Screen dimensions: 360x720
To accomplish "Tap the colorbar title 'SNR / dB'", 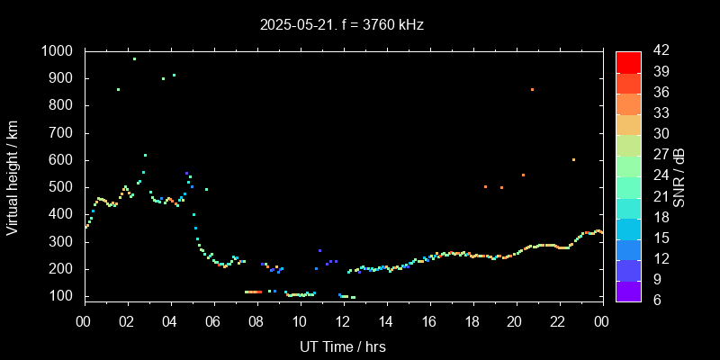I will click(x=679, y=175).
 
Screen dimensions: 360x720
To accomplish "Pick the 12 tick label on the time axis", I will click(x=343, y=321).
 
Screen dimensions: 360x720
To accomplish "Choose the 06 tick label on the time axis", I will click(x=213, y=321).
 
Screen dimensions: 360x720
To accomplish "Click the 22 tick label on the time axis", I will click(x=558, y=321).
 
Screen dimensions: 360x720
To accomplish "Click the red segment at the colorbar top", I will click(x=628, y=61).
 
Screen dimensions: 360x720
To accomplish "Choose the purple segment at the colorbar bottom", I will click(x=628, y=290).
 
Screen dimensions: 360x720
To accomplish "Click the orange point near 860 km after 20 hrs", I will click(x=532, y=89).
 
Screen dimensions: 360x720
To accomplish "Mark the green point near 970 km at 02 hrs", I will click(x=134, y=59).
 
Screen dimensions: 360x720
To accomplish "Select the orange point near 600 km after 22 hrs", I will click(x=573, y=160).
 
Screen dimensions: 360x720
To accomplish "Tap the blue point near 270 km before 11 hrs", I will click(x=319, y=250).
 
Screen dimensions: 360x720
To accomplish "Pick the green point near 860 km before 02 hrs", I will click(x=118, y=89).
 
